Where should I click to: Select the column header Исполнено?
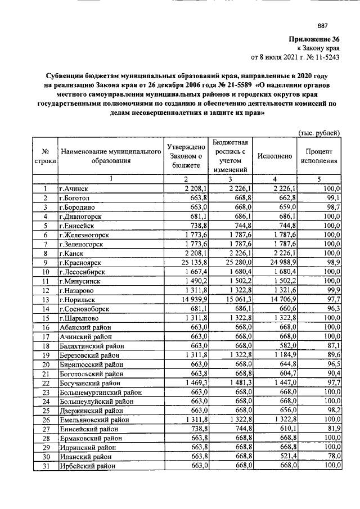click(x=274, y=156)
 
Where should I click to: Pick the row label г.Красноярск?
click(x=82, y=262)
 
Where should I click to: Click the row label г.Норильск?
click(x=79, y=300)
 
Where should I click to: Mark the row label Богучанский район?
click(x=91, y=382)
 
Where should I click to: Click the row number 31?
click(x=44, y=466)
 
